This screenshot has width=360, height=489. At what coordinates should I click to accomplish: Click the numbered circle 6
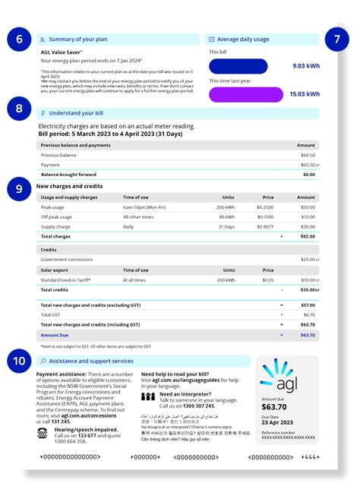coord(17,39)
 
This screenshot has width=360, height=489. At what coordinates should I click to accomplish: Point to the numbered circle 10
coord(17,360)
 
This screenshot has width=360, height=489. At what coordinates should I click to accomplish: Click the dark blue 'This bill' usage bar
coord(238,66)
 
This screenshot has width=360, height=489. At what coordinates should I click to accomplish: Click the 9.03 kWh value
coord(305,66)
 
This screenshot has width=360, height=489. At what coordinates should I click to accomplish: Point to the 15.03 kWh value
coord(304,94)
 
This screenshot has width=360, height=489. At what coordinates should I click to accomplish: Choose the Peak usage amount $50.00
coord(307,207)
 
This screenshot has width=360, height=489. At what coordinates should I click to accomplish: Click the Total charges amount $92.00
coord(307,236)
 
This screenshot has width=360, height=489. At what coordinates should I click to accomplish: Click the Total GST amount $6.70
coord(308,314)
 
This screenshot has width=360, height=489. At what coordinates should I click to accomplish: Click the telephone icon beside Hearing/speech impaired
coord(43,432)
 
